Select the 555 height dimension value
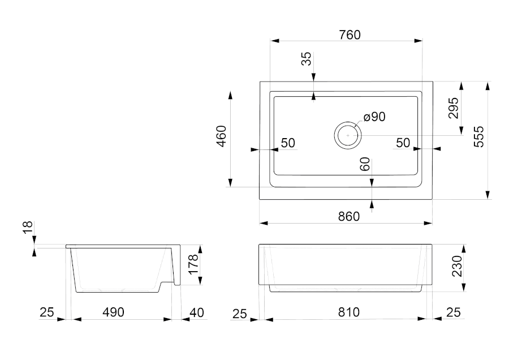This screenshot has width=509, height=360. tap(479, 137)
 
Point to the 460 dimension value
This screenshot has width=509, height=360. tap(221, 136)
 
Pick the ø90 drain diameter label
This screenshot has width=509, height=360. tap(374, 117)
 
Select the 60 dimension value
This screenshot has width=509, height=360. tap(365, 165)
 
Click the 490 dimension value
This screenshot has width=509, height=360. tap(114, 312)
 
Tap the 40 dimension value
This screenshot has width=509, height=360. tap(196, 312)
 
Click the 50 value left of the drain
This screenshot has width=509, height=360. tap(288, 143)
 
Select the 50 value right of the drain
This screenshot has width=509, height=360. tap(403, 143)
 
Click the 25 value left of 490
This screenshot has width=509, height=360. tap(47, 312)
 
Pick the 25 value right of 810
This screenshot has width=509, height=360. tap(453, 312)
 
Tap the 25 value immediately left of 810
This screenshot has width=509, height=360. tap(241, 312)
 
